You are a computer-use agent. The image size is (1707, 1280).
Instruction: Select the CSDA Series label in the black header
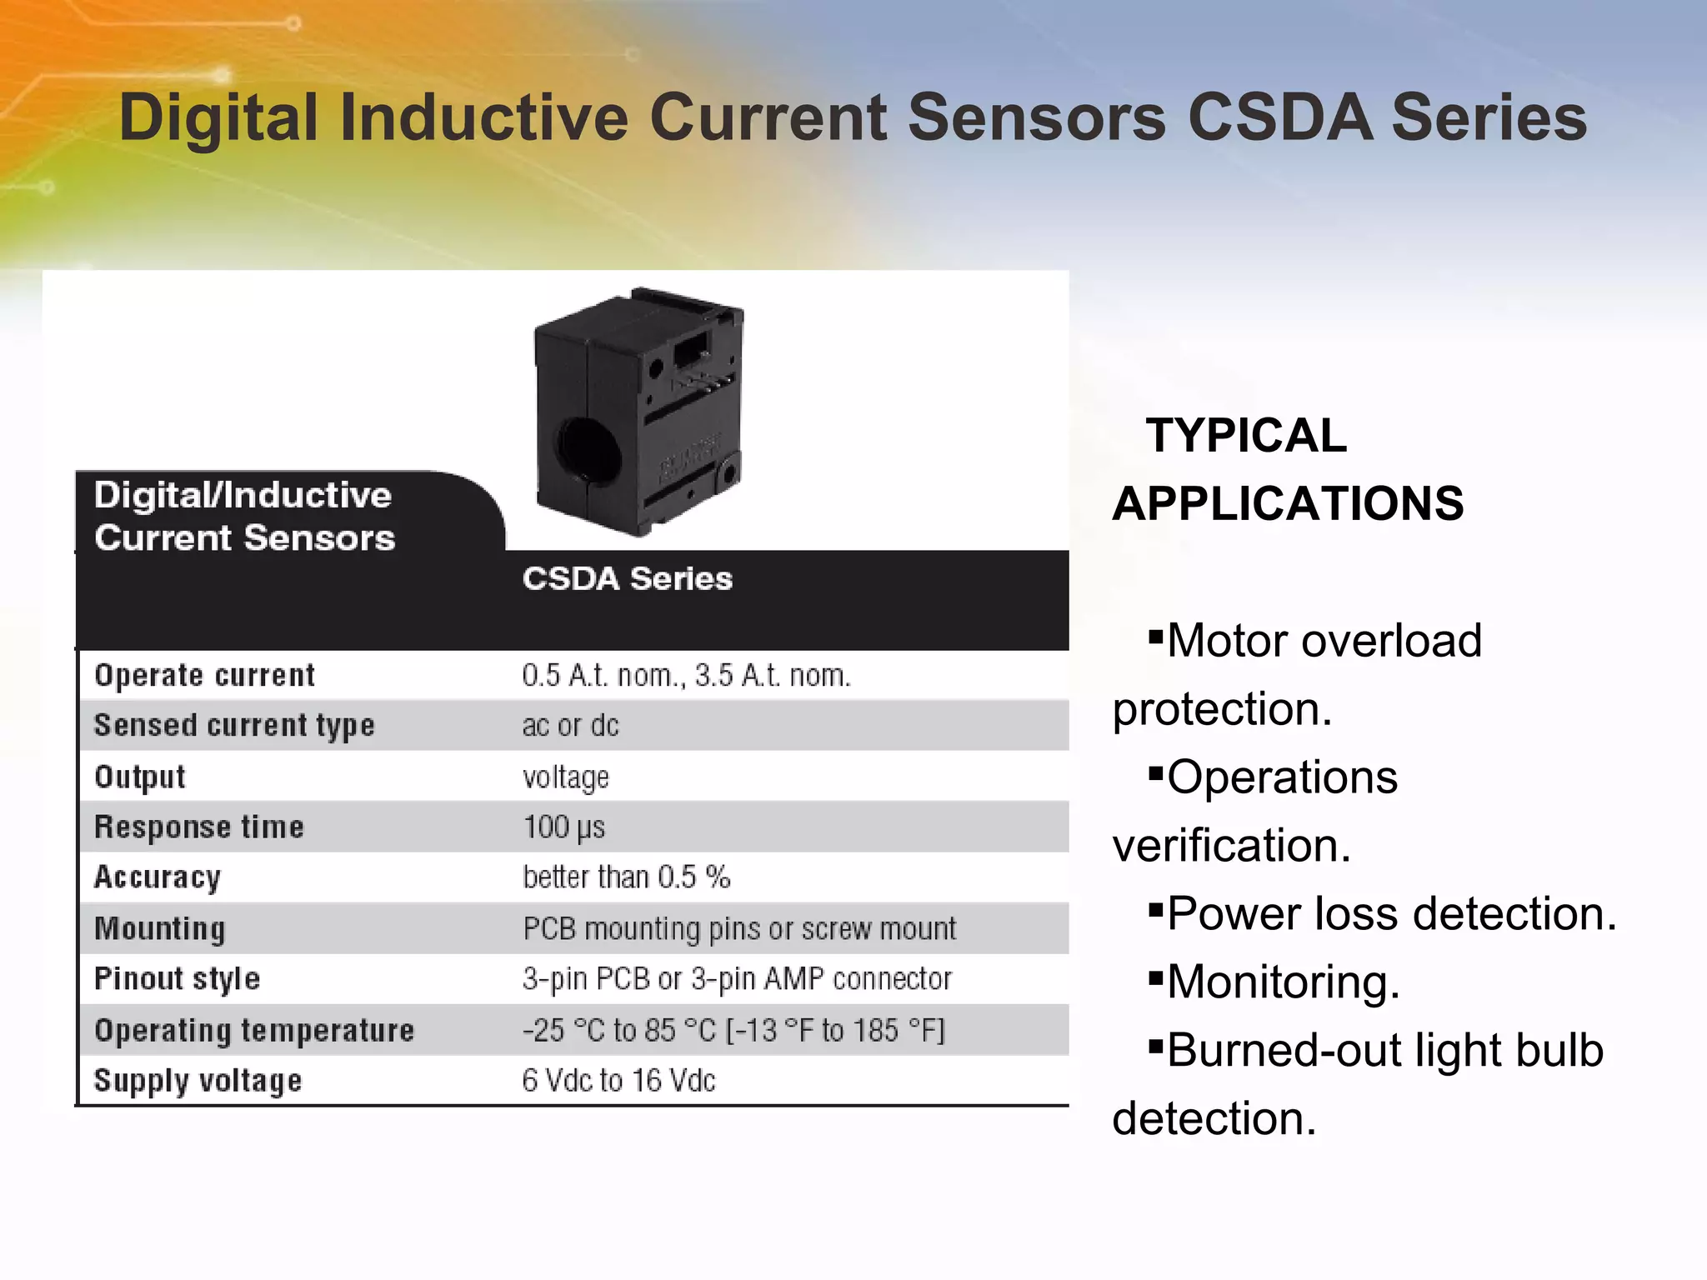[627, 578]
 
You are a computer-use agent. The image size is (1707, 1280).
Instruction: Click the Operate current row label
[204, 675]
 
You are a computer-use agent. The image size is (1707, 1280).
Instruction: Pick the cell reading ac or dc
[570, 726]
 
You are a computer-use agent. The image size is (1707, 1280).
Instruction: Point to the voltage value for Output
[565, 777]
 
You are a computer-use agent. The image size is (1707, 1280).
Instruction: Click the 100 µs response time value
[563, 827]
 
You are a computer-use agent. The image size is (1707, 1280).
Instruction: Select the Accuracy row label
[157, 877]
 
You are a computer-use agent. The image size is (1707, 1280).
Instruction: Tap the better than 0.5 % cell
[626, 877]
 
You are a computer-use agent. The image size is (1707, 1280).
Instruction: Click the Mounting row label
[159, 928]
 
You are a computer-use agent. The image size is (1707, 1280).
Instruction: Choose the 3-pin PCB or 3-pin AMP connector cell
[737, 979]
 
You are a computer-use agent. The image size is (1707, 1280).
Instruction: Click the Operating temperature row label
[253, 1031]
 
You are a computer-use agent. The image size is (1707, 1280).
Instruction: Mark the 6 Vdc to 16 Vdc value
[618, 1081]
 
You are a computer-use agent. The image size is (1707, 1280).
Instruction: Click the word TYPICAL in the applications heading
[1245, 436]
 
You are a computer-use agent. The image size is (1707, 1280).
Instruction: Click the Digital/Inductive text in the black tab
[242, 496]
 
